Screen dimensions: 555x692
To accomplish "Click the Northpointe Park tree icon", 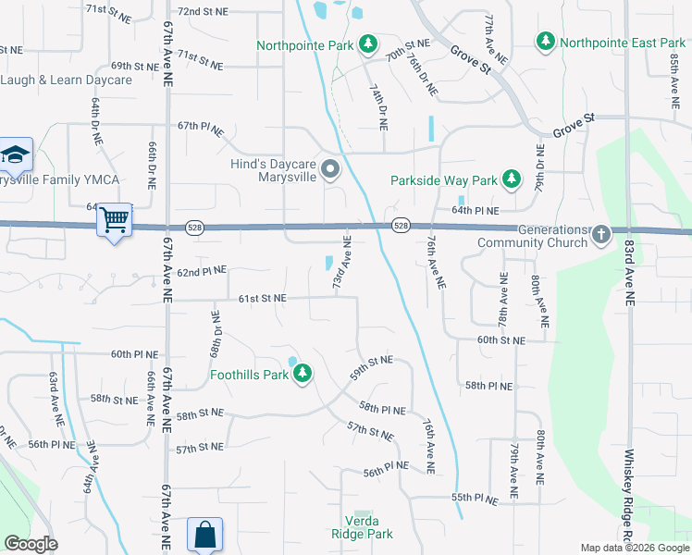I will pyautogui.click(x=368, y=43).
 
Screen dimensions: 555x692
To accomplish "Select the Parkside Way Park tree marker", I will pyautogui.click(x=510, y=180).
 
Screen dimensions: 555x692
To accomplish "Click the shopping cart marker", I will pyautogui.click(x=115, y=220).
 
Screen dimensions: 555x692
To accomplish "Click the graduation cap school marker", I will pyautogui.click(x=16, y=154).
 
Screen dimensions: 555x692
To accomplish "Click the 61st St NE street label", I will pyautogui.click(x=262, y=299).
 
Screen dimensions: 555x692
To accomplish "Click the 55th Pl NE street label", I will pyautogui.click(x=476, y=499).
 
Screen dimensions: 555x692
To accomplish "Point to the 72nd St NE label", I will pyautogui.click(x=203, y=12).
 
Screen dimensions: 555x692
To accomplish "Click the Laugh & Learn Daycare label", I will pyautogui.click(x=67, y=80).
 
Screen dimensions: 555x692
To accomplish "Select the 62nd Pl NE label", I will pyautogui.click(x=202, y=273).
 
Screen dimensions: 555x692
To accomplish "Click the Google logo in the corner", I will pyautogui.click(x=31, y=544).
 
